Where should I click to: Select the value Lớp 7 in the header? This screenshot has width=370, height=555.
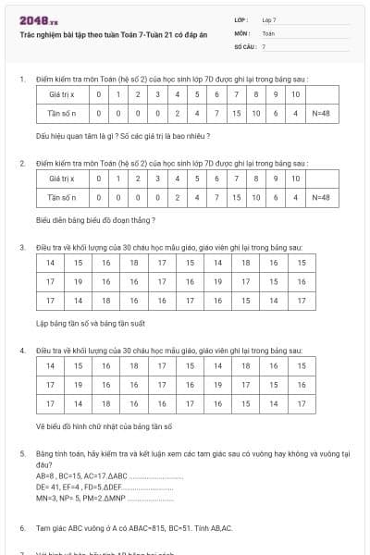[269, 19]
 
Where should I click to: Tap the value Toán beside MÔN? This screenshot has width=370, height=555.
[268, 32]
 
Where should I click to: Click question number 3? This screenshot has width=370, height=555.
[21, 248]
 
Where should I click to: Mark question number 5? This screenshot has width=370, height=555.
[21, 454]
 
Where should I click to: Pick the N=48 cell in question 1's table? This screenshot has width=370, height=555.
[321, 114]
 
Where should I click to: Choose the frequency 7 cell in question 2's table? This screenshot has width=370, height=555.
[215, 197]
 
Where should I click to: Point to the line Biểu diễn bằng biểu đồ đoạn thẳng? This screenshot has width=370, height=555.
[95, 220]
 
